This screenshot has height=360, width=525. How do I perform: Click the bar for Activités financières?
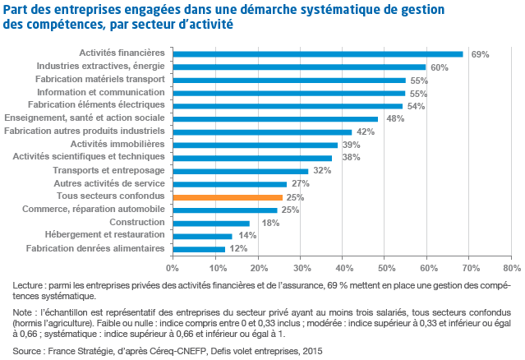tap(317, 54)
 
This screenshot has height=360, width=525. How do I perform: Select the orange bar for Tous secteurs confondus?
tap(227, 197)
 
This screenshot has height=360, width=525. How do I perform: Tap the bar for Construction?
tap(210, 223)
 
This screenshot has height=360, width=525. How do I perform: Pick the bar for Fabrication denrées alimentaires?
tap(198, 249)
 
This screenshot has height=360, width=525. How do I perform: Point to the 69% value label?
tap(481, 54)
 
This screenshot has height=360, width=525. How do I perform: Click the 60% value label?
tap(440, 67)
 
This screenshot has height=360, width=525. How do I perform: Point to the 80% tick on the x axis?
tap(512, 267)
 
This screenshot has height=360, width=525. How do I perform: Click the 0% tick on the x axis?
tap(172, 267)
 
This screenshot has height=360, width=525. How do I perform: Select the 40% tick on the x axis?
tap(342, 267)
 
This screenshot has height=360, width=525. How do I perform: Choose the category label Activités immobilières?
tap(122, 144)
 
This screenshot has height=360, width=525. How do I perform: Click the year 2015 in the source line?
tap(311, 351)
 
